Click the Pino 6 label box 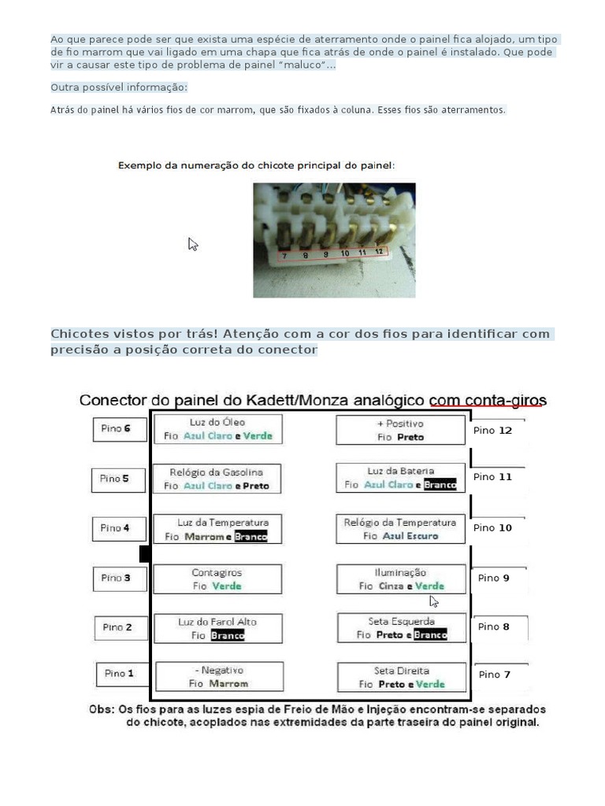[120, 429]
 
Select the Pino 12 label [493, 431]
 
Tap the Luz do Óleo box [217, 429]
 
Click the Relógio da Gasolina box [217, 479]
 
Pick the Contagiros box [217, 579]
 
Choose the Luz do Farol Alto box [217, 628]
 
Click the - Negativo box [218, 677]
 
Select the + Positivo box [401, 430]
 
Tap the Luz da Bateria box [401, 478]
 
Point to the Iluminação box [401, 579]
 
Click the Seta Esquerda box [401, 627]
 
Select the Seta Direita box [401, 677]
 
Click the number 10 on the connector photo [345, 253]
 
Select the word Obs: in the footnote [101, 709]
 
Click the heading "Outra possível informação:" [119, 87]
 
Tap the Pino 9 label [494, 578]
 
